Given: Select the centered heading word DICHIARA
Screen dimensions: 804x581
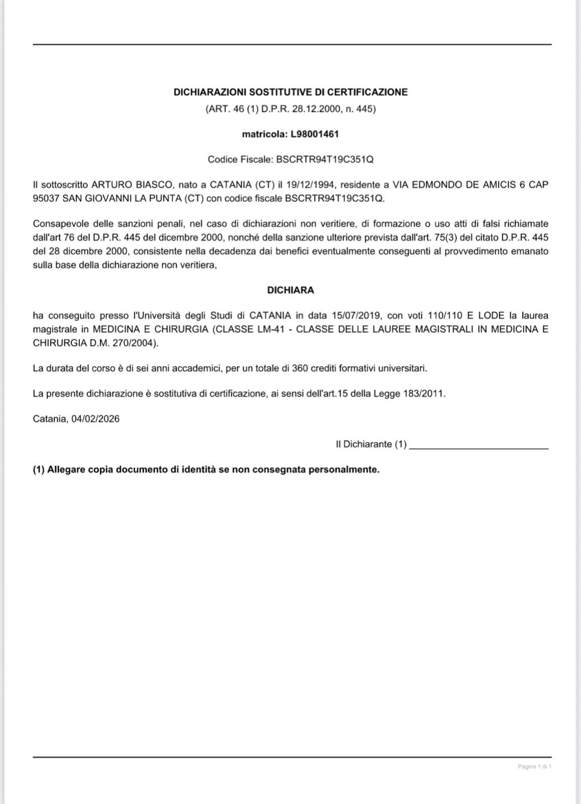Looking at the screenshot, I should pyautogui.click(x=290, y=290).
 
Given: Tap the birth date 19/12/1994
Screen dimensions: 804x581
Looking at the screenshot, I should pyautogui.click(x=311, y=184).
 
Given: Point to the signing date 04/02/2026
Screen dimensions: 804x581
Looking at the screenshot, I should pyautogui.click(x=95, y=419).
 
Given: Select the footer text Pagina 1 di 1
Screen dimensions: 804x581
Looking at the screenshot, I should pyautogui.click(x=534, y=766).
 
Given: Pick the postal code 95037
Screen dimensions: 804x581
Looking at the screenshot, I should pyautogui.click(x=46, y=198).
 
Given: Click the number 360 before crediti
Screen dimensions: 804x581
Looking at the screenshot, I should pyautogui.click(x=300, y=368).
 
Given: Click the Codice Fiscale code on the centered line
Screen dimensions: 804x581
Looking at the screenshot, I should pyautogui.click(x=325, y=159).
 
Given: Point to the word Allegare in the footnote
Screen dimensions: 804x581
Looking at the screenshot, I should pyautogui.click(x=66, y=470).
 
